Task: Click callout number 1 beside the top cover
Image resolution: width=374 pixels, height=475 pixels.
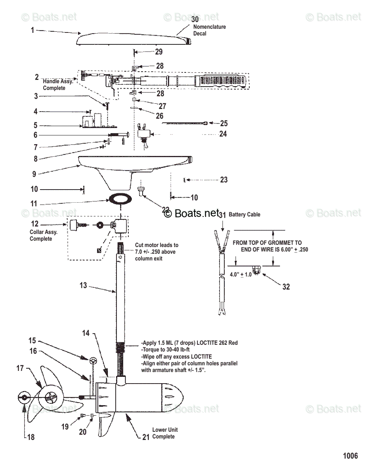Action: [x=32, y=30]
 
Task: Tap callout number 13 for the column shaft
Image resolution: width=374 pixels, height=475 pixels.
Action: [x=83, y=285]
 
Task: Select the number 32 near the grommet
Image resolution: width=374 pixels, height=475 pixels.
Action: [x=286, y=287]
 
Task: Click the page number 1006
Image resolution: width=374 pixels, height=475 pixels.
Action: [x=350, y=456]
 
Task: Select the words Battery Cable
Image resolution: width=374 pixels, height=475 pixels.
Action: [x=244, y=215]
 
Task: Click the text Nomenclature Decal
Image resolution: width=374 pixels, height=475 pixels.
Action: [x=209, y=30]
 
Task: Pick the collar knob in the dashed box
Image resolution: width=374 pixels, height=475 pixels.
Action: [x=74, y=225]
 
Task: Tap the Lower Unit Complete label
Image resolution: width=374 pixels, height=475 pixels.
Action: [x=165, y=433]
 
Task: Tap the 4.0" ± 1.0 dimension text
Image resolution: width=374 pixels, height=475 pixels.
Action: [x=241, y=274]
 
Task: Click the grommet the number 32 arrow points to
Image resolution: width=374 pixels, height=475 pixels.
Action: [x=257, y=271]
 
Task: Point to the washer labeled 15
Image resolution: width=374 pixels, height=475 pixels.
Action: [x=93, y=361]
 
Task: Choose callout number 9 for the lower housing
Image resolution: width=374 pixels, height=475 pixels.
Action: [x=34, y=174]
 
